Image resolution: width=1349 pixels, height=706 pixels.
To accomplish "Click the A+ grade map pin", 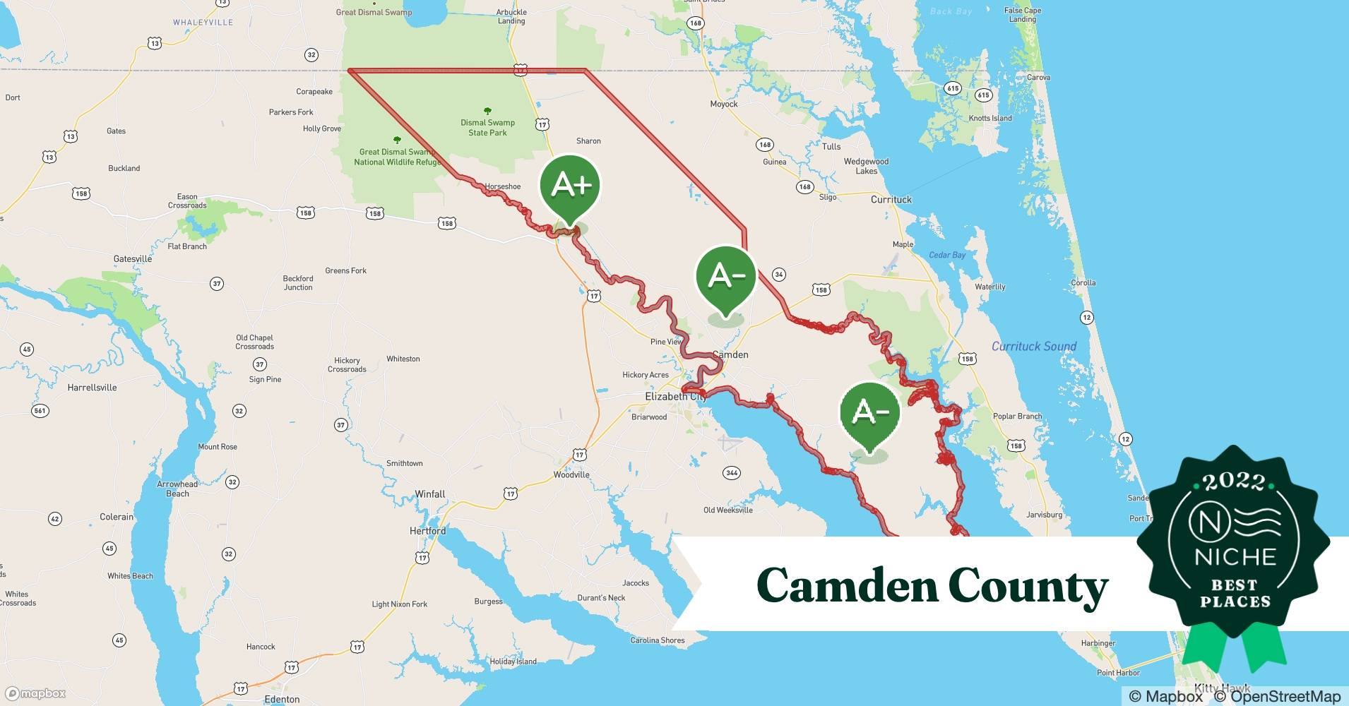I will [570, 185].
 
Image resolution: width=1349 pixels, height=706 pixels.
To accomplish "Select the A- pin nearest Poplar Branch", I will [870, 412].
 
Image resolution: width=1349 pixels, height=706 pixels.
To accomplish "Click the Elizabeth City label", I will [675, 397].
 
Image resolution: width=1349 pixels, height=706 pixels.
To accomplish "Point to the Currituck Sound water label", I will [1033, 347].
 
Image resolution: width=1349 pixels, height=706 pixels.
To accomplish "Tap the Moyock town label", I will [723, 104].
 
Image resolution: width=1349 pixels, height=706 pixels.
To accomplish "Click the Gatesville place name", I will [133, 259].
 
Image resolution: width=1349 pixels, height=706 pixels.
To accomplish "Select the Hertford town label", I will [427, 531].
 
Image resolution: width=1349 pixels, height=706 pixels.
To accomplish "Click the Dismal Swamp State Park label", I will [487, 128].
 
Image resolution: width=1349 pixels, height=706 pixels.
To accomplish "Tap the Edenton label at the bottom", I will [282, 699].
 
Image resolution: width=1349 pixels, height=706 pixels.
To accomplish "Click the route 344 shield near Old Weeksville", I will [732, 472].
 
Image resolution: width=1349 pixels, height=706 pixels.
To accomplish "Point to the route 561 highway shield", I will [40, 410].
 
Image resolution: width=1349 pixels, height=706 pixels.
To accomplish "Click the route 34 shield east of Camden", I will [778, 275].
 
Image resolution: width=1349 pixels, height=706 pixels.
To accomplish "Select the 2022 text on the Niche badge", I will [1234, 481].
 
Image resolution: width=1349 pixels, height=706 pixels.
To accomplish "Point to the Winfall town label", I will [429, 494].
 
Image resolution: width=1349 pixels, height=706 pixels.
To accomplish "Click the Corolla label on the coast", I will [1083, 282].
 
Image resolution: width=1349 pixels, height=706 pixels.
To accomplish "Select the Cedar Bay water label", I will [946, 255].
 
